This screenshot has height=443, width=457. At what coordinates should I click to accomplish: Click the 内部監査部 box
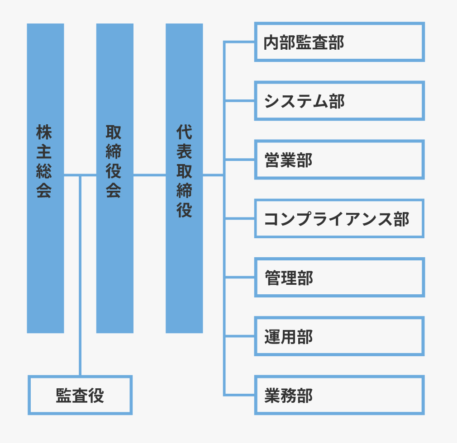(339, 42)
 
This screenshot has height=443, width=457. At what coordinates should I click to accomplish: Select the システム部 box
(339, 101)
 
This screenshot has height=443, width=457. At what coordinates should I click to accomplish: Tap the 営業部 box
(339, 160)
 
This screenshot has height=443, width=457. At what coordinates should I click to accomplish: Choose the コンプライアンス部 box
(339, 218)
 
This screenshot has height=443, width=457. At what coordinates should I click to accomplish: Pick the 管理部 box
(339, 277)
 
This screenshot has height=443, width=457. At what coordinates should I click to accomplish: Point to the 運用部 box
(339, 336)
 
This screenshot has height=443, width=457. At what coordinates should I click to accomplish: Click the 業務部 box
(339, 395)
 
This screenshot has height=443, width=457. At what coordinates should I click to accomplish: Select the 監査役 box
(80, 395)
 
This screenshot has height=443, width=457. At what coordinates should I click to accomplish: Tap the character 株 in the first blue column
(44, 132)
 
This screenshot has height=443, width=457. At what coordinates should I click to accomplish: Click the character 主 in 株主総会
(44, 152)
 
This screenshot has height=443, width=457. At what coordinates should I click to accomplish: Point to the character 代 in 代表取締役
(184, 132)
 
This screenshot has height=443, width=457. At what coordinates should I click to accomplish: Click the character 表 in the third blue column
(184, 152)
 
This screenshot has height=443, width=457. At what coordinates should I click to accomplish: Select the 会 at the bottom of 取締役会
(114, 191)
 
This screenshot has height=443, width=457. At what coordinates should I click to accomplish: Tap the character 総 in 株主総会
(44, 171)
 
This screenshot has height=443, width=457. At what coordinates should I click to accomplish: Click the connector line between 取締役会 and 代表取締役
(149, 175)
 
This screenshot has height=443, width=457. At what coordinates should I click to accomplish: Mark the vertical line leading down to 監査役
(80, 276)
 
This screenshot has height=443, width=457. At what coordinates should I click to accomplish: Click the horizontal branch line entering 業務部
(240, 395)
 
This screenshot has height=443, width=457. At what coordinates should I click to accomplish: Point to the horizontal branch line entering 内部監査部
(240, 42)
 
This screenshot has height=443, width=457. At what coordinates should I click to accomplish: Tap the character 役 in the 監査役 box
(96, 395)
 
